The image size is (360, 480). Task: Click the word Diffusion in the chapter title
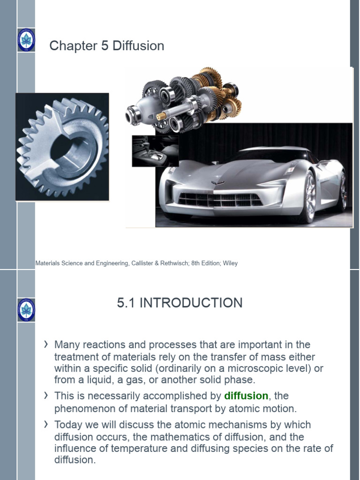(138, 46)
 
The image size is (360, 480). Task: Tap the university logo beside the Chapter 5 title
(26, 40)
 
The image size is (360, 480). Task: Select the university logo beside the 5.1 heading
(26, 310)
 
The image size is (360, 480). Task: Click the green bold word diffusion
(246, 396)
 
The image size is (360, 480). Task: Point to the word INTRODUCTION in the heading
(191, 303)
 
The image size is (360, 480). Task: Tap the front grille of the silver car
(220, 200)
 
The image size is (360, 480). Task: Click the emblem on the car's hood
(217, 183)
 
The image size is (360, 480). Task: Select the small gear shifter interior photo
(155, 151)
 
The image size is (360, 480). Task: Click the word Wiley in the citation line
(230, 263)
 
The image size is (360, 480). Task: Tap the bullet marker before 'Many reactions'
(46, 345)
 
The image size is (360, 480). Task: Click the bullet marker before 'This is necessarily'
(46, 396)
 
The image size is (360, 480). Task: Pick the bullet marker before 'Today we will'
(46, 424)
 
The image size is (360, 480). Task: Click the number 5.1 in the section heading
(126, 303)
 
